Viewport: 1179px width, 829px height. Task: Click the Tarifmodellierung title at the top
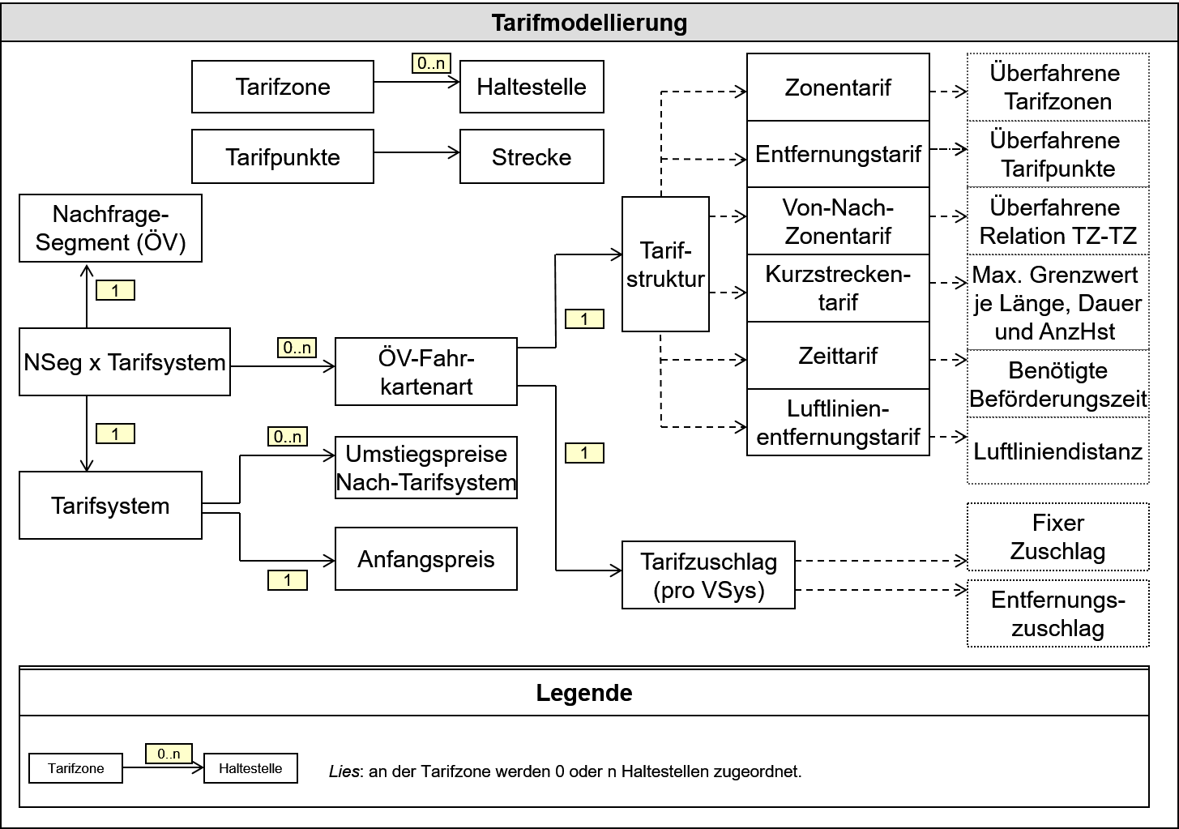tap(589, 23)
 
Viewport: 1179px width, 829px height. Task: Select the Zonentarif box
tap(838, 88)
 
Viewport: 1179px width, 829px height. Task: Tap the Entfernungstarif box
tap(838, 154)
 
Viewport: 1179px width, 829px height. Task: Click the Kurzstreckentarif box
tap(838, 288)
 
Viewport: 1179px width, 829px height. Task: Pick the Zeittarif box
tap(838, 356)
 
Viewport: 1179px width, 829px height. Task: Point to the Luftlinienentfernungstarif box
tap(838, 422)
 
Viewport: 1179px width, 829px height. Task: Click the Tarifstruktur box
tap(665, 264)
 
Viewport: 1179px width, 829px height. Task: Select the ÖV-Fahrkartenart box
tap(426, 372)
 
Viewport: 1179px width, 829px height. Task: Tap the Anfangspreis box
tap(426, 559)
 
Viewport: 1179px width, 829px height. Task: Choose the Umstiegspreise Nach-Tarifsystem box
tap(426, 468)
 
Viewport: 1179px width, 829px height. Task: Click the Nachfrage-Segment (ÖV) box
tap(110, 229)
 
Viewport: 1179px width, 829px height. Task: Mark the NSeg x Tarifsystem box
tap(125, 362)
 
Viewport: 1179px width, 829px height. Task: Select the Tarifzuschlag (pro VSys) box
tap(708, 575)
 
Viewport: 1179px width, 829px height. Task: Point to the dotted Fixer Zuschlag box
tap(1057, 536)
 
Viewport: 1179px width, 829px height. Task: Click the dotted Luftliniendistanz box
tap(1057, 451)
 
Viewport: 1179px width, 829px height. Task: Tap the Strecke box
tap(532, 156)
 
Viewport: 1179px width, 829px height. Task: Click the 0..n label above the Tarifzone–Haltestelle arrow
tap(431, 63)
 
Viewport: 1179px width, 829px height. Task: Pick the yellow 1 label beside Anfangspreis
tap(288, 580)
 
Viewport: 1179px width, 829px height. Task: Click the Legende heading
tap(584, 693)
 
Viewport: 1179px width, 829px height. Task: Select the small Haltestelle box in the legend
tap(250, 768)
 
